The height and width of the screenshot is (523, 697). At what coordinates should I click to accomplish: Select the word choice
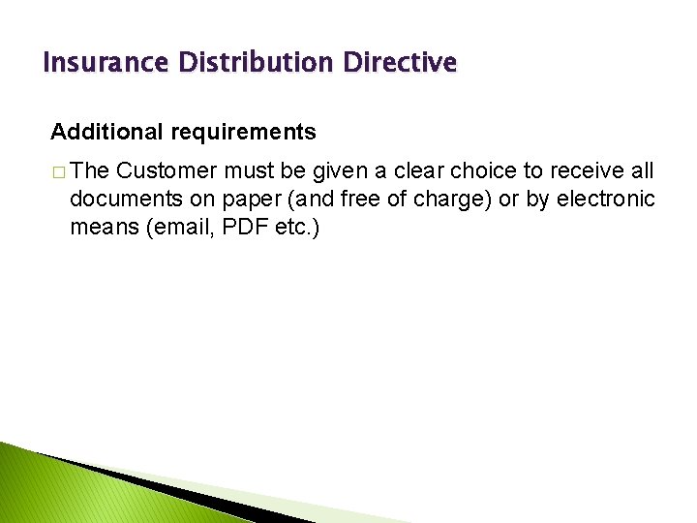click(x=505, y=171)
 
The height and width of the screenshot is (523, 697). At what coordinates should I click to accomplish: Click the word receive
click(x=590, y=171)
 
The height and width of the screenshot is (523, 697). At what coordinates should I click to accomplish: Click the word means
click(x=100, y=228)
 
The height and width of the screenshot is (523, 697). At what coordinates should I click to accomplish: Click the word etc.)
click(x=293, y=228)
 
